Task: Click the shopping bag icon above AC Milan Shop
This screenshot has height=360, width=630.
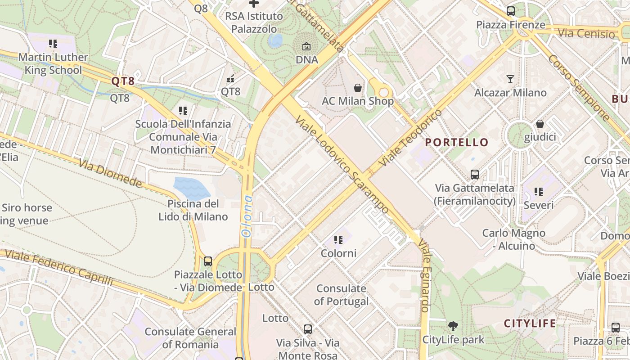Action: click(x=358, y=87)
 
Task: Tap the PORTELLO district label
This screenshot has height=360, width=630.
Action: click(x=457, y=143)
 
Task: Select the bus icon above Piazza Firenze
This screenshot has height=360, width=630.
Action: click(x=510, y=11)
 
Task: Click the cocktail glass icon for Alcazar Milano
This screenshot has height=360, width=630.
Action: click(x=510, y=80)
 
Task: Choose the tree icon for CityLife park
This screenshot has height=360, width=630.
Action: click(x=453, y=326)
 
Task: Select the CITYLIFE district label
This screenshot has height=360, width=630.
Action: click(x=530, y=324)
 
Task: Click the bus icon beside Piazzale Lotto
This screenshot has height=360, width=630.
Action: click(x=207, y=261)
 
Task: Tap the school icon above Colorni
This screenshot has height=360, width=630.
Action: click(x=338, y=240)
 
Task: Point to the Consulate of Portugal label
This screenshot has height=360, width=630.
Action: click(x=341, y=295)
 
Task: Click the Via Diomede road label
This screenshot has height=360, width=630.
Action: click(x=110, y=173)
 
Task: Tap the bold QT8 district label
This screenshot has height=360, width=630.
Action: click(x=123, y=81)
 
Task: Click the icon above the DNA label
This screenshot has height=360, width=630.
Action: click(x=306, y=46)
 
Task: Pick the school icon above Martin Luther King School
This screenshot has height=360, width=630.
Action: click(x=53, y=44)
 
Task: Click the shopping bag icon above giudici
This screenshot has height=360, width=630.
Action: click(x=540, y=124)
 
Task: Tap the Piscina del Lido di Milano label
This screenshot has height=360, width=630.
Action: click(x=193, y=210)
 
